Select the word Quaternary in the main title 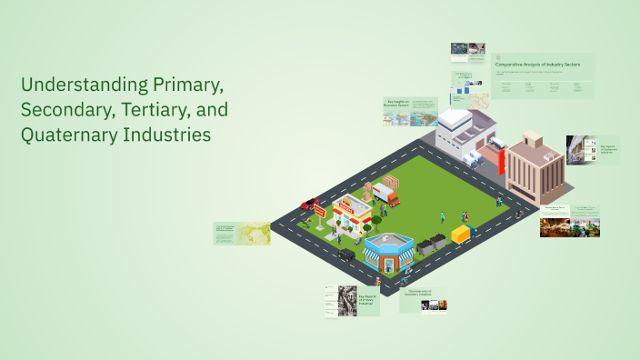70,135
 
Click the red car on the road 310,204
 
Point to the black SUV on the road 346,255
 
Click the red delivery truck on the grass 385,195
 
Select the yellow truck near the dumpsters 463,234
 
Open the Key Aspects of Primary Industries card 350,299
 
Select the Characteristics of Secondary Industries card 423,299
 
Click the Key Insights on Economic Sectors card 410,111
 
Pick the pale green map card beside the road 242,234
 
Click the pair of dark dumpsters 431,243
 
